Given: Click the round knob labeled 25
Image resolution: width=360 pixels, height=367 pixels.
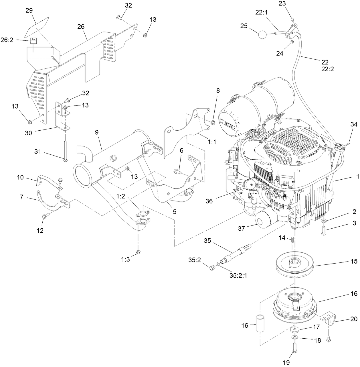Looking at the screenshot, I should [x=262, y=35].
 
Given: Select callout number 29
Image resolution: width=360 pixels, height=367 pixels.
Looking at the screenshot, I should [x=29, y=10].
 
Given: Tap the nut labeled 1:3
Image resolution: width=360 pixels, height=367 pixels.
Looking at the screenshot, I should [x=138, y=251].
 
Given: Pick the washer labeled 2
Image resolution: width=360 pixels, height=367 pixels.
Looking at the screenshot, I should [x=324, y=221].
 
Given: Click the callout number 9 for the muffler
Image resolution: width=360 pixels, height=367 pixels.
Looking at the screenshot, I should [x=96, y=132].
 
